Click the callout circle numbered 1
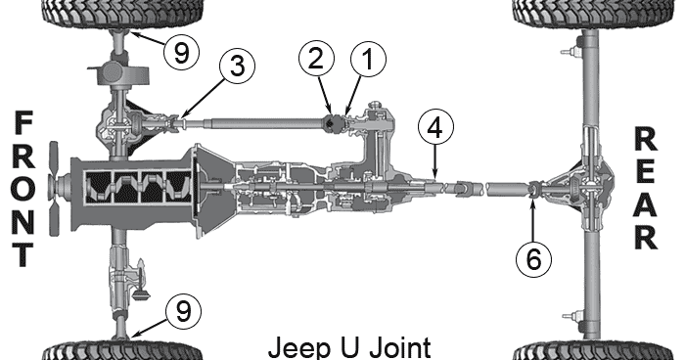(368, 61)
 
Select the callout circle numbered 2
(315, 57)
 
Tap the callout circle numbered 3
(237, 67)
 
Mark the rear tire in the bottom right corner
(591, 350)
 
